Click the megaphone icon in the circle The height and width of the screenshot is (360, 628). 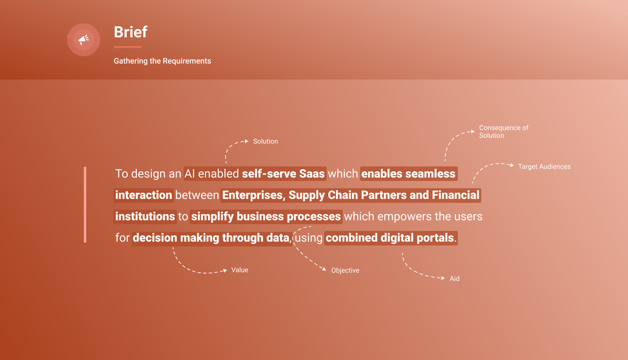(84, 40)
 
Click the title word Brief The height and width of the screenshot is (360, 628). (130, 32)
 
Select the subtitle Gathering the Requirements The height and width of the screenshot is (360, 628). (162, 61)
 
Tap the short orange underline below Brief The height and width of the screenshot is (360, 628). (127, 47)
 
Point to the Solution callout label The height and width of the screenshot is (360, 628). (265, 141)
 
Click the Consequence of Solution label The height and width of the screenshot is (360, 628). (503, 132)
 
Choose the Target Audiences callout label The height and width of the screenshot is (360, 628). (544, 167)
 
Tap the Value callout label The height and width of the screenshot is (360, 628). (240, 270)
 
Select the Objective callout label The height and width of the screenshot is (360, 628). (345, 270)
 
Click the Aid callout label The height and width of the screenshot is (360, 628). (455, 278)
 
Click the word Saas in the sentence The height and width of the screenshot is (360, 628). (312, 174)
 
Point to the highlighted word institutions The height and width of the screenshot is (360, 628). (145, 216)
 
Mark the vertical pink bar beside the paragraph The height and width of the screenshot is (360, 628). (85, 205)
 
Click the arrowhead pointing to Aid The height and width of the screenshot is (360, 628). (443, 278)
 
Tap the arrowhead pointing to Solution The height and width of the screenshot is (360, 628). (246, 141)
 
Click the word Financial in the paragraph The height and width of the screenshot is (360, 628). (456, 195)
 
